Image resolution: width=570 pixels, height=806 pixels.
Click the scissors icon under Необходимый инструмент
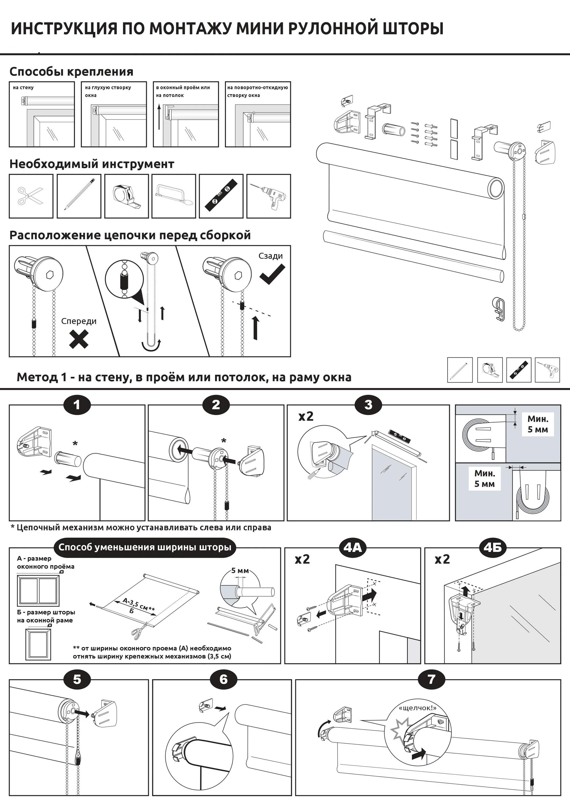point(31,196)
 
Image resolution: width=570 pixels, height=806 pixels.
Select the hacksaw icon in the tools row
point(174,196)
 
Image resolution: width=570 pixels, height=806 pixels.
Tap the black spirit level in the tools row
point(221,196)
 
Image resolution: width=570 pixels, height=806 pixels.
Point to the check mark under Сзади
point(272,274)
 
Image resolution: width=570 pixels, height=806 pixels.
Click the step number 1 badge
point(77,405)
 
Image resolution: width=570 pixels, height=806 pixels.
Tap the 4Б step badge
point(493,548)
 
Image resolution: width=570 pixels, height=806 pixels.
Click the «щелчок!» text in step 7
point(418,708)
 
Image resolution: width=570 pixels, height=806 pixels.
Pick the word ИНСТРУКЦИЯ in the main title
point(64,29)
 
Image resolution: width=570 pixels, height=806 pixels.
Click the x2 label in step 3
point(306,416)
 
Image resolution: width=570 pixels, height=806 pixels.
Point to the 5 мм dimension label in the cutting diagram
point(240,570)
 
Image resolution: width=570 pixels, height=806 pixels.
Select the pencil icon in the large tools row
point(79,196)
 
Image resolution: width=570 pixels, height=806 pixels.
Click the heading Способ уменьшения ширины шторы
point(145,547)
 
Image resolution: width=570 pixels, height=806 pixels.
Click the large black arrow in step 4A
point(371,595)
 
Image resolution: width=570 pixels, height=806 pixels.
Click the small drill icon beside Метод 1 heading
point(547,370)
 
